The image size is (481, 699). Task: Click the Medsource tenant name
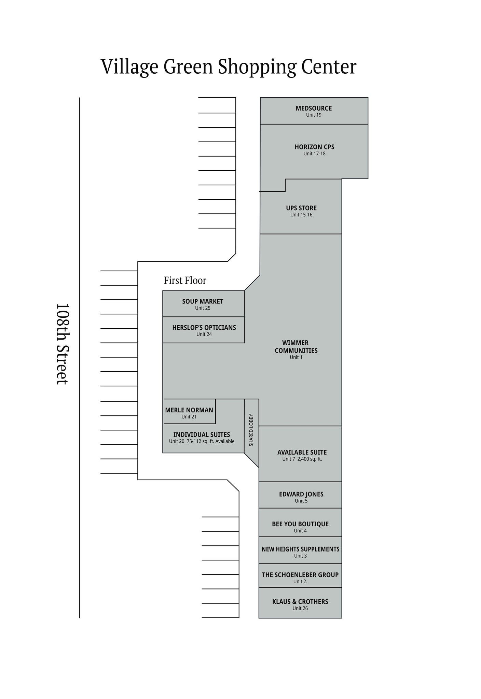pos(314,108)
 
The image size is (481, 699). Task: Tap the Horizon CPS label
pos(314,147)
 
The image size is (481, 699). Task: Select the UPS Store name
pos(301,208)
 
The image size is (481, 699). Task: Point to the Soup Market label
pos(203,301)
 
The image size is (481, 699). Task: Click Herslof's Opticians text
pos(204,328)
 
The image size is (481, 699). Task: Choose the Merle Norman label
pos(189,410)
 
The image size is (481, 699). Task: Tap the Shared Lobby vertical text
pos(251,430)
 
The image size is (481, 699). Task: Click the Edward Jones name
pos(301,494)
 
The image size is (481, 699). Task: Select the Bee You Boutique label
pos(300,524)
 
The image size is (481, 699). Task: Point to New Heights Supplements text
pos(300,549)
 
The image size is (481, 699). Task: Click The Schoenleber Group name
pos(300,575)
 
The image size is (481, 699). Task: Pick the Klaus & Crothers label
pos(300,602)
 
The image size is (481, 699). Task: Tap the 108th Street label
pos(62,344)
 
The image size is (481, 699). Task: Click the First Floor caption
pos(185,281)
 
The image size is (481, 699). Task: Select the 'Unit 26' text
pos(300,608)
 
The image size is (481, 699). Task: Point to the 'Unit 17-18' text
pos(314,154)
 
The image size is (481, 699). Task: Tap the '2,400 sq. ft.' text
pos(310,459)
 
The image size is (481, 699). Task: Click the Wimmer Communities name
pos(296,346)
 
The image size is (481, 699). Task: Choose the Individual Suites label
pos(202,435)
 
